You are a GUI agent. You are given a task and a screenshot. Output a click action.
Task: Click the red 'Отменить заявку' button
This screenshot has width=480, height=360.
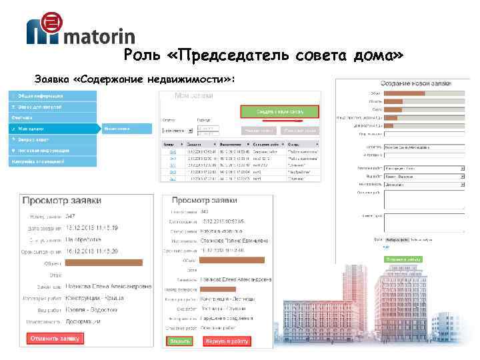click(x=54, y=339)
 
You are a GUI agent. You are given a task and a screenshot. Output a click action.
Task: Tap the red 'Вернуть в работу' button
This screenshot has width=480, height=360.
click(x=227, y=341)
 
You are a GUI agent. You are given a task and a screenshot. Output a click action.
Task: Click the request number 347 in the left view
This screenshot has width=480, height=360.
click(x=71, y=216)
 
